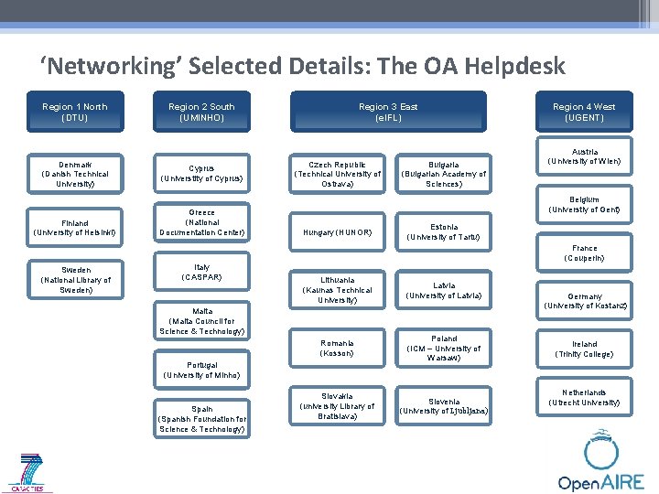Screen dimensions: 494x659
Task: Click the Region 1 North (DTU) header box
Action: pos(75,112)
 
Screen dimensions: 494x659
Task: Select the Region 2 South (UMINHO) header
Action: pos(201,112)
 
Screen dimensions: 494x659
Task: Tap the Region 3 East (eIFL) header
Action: pos(388,112)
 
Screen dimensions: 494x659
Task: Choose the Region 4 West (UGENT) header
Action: pos(584,112)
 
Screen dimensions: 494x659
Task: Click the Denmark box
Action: pos(75,174)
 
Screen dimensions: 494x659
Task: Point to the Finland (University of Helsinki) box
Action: pos(75,228)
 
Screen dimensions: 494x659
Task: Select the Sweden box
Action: pos(75,280)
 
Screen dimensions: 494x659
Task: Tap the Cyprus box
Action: pos(201,173)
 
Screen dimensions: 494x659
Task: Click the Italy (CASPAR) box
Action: pos(201,272)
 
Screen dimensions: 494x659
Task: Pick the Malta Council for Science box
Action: pos(201,321)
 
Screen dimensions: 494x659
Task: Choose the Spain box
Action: pos(201,419)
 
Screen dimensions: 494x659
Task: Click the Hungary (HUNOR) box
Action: pos(338,232)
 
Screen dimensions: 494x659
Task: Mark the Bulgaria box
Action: pos(444,174)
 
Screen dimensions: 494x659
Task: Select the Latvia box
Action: pos(444,291)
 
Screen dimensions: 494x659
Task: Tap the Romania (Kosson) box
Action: pos(338,348)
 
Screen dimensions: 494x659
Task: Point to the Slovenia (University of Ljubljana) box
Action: pos(444,405)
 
